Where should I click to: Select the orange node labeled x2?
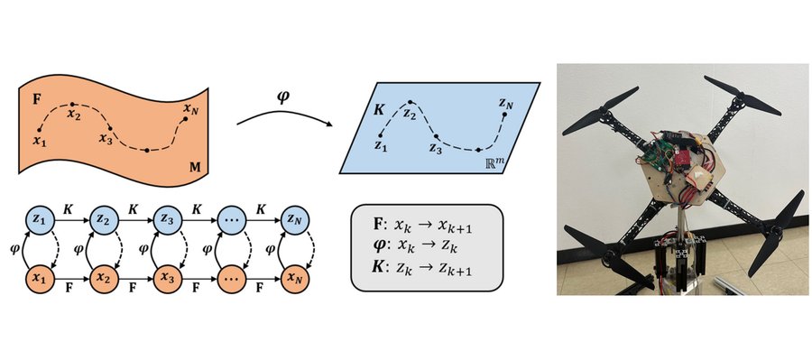tap(103, 279)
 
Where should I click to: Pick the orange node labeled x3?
tap(167, 279)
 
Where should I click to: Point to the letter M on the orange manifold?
tap(197, 167)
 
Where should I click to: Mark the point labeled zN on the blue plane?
tap(505, 114)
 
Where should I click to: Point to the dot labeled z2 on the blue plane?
tap(411, 102)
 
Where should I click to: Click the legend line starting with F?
tap(422, 226)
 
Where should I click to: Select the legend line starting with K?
tap(422, 269)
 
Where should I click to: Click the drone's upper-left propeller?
tap(600, 112)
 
